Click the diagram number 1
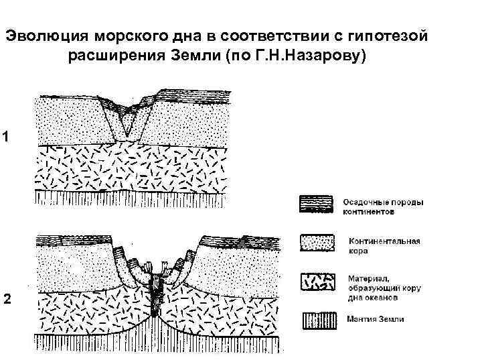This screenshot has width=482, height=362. (x=5, y=137)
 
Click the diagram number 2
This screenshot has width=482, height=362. (x=6, y=300)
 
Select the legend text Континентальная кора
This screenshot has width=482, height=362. (x=384, y=245)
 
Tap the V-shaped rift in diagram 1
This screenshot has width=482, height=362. (x=127, y=121)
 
